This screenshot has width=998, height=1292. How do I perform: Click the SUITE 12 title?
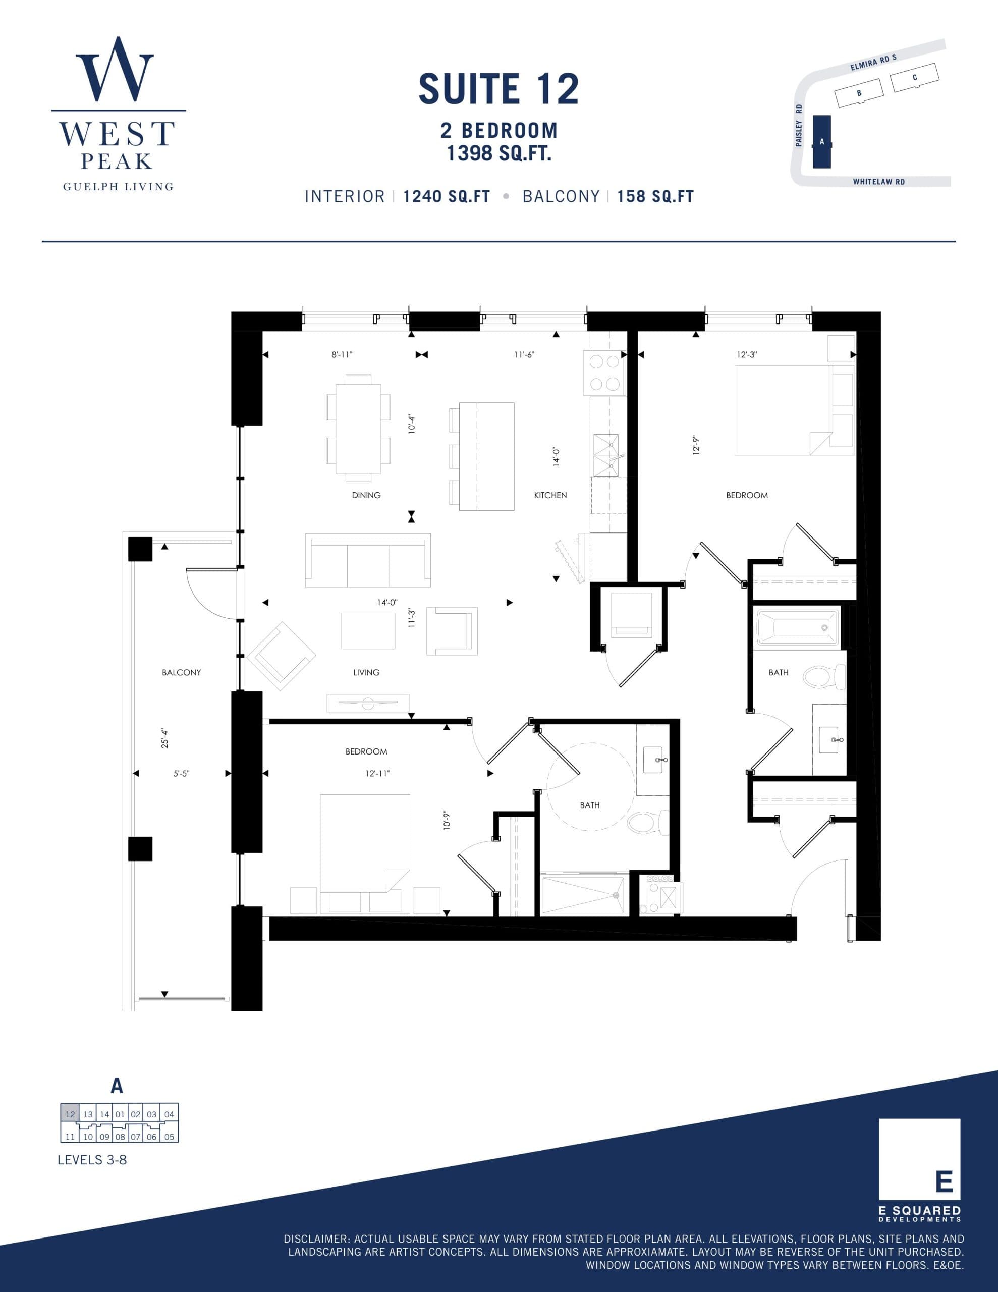click(x=498, y=89)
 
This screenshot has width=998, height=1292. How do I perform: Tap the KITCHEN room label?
click(x=550, y=495)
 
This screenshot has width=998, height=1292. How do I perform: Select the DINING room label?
click(x=366, y=495)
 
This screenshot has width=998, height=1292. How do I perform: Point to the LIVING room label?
click(x=366, y=673)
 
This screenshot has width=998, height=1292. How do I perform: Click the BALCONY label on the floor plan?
click(x=182, y=673)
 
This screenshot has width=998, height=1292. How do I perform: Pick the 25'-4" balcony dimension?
click(x=165, y=739)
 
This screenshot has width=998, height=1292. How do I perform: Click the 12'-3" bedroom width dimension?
click(x=747, y=355)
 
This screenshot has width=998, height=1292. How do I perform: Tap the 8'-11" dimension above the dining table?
click(x=342, y=355)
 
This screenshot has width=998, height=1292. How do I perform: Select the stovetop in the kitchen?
click(x=604, y=372)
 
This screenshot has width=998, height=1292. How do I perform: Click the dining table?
click(x=359, y=429)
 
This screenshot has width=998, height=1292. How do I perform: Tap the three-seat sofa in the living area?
click(x=367, y=561)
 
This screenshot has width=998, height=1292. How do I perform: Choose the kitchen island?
click(x=486, y=456)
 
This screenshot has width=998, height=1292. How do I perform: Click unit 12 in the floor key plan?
click(x=70, y=1114)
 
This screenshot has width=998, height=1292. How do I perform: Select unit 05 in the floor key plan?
click(x=169, y=1137)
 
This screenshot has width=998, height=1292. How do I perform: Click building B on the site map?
click(x=858, y=93)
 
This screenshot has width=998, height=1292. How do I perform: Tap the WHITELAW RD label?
click(x=878, y=182)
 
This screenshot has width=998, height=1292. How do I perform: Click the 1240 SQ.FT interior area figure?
click(x=447, y=196)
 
